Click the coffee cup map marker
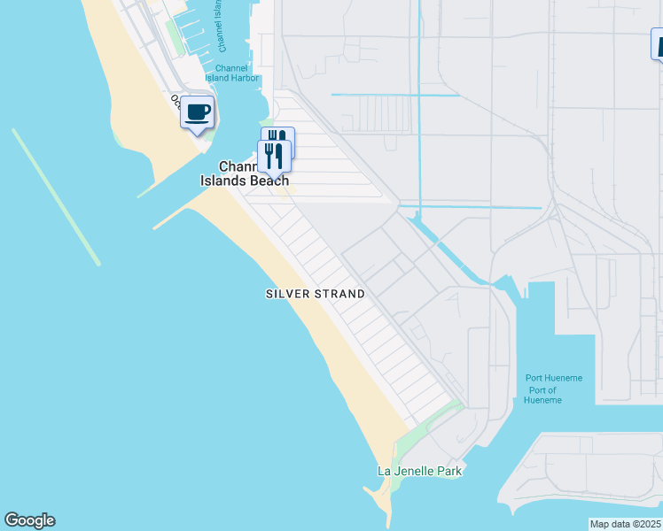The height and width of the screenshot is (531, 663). click(197, 113)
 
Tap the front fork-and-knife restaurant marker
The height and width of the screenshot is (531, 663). click(273, 156)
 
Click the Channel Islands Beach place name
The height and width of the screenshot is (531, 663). click(254, 174)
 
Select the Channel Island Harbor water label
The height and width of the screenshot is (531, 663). click(237, 73)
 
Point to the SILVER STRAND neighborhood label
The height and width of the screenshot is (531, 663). click(315, 294)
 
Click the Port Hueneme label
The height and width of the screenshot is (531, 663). click(553, 378)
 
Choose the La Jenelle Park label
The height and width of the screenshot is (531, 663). click(420, 471)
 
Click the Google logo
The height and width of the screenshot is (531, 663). click(29, 520)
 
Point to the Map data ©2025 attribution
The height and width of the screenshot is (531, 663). click(625, 524)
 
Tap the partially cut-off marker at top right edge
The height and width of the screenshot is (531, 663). click(658, 44)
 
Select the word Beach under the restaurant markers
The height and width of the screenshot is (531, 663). click(270, 181)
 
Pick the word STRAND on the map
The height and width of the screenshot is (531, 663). click(340, 294)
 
